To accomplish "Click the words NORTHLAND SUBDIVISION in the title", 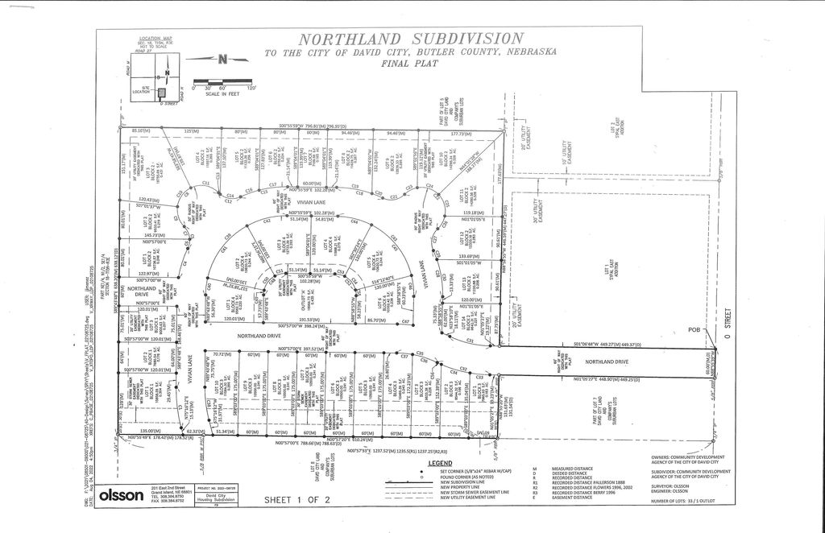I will pos(411,39).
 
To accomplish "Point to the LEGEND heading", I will pos(440,464).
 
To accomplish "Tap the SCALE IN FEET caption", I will pos(223,93).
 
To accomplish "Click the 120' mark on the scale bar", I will pos(251,87).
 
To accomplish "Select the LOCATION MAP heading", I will pos(155,38).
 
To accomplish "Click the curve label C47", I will pos(406,323).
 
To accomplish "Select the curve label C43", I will pos(267,220).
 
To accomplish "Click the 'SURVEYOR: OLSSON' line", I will pos(670,485).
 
